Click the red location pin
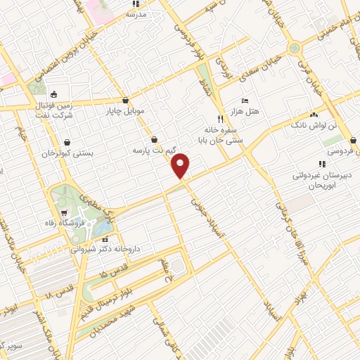click(x=181, y=166)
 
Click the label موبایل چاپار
click(x=124, y=110)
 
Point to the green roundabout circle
click(x=295, y=49)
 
